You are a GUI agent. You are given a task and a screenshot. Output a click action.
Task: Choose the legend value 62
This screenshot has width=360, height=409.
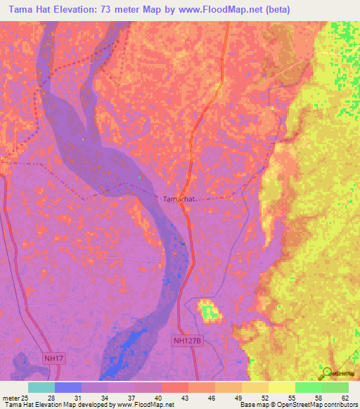tap(345, 397)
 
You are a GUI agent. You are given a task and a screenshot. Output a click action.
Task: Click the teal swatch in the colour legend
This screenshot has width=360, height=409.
tap(41, 387)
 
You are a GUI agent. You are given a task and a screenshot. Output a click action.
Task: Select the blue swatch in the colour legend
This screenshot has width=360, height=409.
tap(67, 387)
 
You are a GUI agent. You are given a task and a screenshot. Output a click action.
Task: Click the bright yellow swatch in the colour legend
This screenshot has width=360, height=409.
tap(281, 387)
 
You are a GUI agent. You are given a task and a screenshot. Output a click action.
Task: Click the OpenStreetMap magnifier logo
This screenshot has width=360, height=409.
tap(327, 372)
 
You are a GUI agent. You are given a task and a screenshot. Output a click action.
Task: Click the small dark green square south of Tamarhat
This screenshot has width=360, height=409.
tap(184, 244)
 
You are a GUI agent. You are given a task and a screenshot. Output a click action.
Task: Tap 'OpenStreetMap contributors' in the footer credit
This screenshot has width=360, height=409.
tap(320, 405)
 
